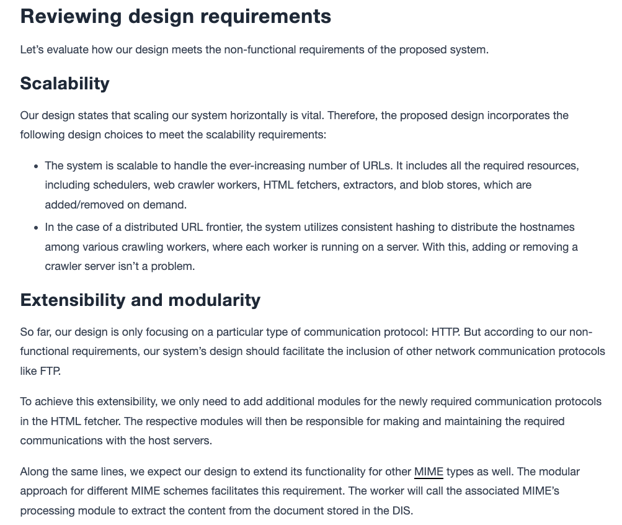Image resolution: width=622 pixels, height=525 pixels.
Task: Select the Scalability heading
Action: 64,83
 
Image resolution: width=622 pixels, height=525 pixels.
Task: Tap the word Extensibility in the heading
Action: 73,300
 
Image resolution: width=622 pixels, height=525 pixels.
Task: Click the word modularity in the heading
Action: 215,300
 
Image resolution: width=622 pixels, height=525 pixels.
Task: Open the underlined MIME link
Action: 429,472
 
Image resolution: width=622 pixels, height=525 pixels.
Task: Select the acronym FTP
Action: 50,371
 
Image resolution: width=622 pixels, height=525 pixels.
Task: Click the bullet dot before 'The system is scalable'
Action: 36,166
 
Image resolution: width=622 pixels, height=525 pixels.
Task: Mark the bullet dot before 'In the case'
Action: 36,228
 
